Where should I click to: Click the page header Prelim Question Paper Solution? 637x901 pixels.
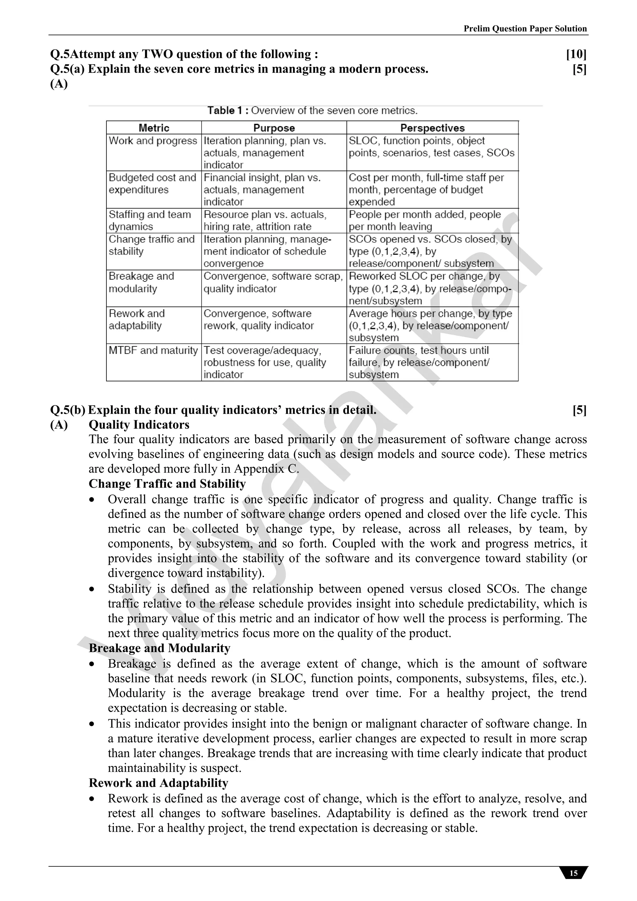click(525, 29)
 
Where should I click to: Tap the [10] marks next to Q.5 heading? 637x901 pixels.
click(576, 54)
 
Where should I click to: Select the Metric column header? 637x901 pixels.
click(154, 128)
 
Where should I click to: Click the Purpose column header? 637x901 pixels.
click(274, 128)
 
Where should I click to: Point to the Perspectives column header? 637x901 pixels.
click(432, 128)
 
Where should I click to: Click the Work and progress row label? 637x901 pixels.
click(153, 141)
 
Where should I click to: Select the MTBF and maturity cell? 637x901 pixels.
click(153, 351)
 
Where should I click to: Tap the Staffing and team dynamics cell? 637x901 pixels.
click(150, 221)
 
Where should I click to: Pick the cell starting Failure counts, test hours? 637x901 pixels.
click(419, 362)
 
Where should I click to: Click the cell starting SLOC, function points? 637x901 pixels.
click(431, 147)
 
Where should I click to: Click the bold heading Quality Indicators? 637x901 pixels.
click(139, 425)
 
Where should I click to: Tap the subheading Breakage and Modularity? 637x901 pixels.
click(159, 648)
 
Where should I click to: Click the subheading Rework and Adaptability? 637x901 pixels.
click(158, 783)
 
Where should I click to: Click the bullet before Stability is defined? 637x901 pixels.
click(92, 589)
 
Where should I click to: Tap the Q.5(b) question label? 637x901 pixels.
click(67, 410)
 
